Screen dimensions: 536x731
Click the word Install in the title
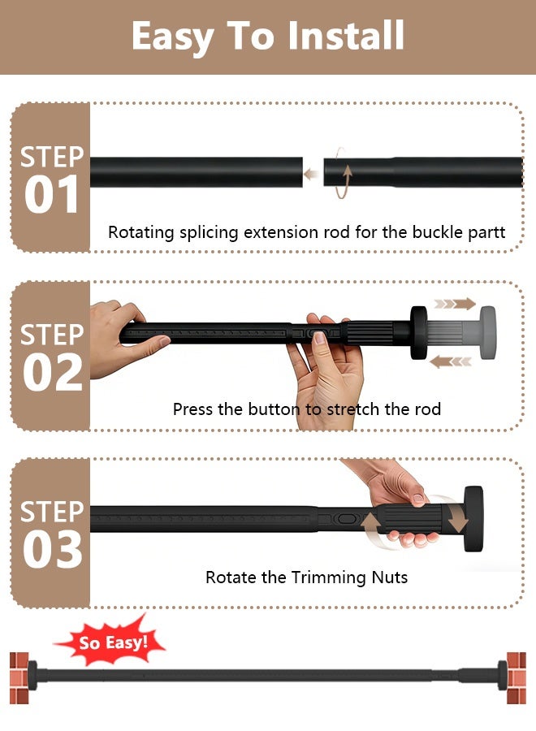click(x=345, y=36)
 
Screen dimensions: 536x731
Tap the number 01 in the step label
click(x=51, y=195)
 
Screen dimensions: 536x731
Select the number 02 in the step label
click(x=52, y=373)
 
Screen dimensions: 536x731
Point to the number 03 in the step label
click(x=52, y=550)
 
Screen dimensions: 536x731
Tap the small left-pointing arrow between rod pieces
click(x=311, y=175)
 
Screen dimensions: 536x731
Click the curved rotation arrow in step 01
click(x=343, y=173)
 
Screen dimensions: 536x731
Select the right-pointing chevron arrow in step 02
click(x=455, y=305)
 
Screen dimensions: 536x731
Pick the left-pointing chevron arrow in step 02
click(x=450, y=361)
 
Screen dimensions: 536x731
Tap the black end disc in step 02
click(x=418, y=332)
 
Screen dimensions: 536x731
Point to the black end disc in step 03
click(x=473, y=519)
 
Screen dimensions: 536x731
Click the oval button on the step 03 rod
click(x=347, y=519)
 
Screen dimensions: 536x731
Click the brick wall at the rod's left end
click(x=19, y=678)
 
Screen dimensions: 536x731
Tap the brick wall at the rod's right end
click(x=517, y=678)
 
